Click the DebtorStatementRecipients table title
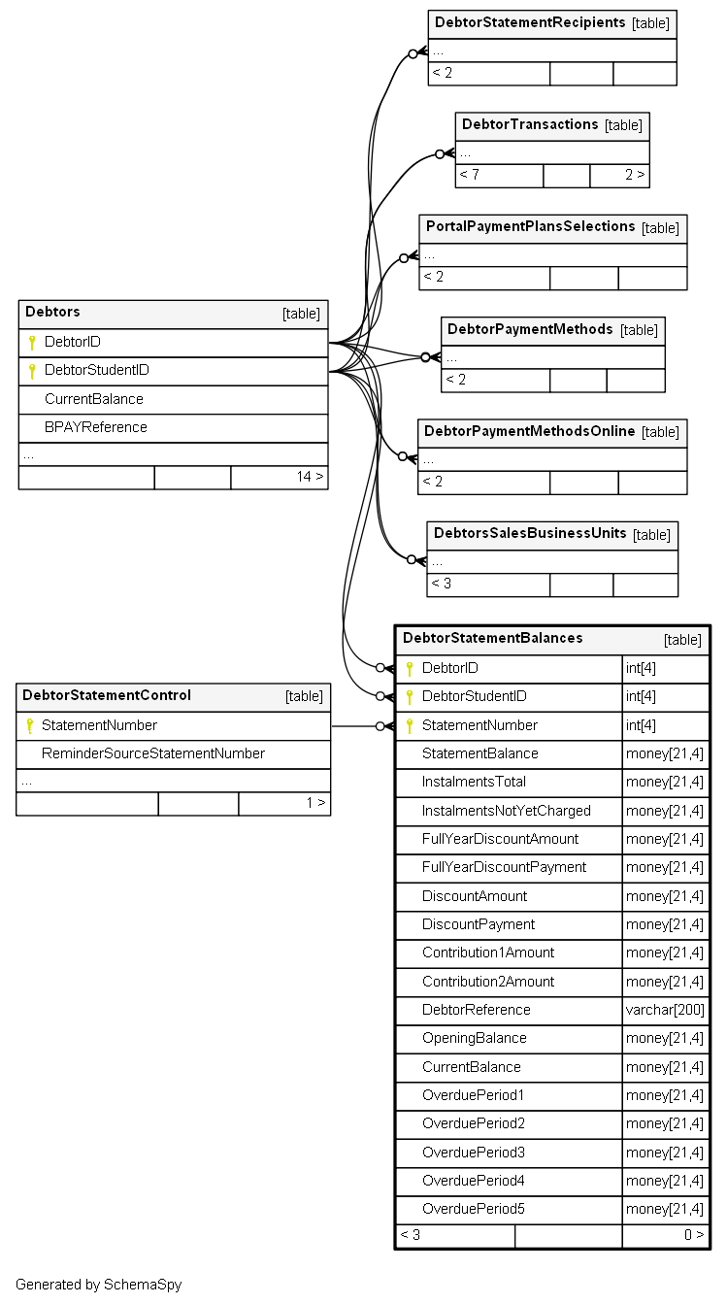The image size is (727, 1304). tap(530, 22)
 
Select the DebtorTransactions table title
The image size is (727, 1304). tap(530, 124)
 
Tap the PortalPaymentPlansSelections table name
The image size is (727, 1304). tap(530, 226)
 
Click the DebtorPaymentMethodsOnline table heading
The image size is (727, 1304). tap(529, 431)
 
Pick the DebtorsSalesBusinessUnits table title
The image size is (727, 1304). tap(530, 533)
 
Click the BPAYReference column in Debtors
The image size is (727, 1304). tap(96, 427)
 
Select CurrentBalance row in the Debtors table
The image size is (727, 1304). tap(94, 399)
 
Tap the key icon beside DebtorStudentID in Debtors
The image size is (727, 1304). tap(32, 371)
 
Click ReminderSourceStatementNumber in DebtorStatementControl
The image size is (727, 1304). tap(153, 753)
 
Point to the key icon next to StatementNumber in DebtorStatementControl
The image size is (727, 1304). tap(30, 726)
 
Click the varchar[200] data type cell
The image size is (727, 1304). tap(665, 1010)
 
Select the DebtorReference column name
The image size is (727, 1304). tap(477, 1010)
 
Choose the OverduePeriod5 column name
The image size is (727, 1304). tap(474, 1209)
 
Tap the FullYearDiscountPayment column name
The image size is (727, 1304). tap(504, 867)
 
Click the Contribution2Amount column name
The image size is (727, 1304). tap(488, 982)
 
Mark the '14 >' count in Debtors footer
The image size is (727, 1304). tap(310, 477)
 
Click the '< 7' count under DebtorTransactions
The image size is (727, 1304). tap(469, 175)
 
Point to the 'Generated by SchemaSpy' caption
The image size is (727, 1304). tap(98, 1285)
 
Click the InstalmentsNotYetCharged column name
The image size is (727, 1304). tap(507, 811)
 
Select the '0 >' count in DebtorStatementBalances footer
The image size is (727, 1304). tap(694, 1235)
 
